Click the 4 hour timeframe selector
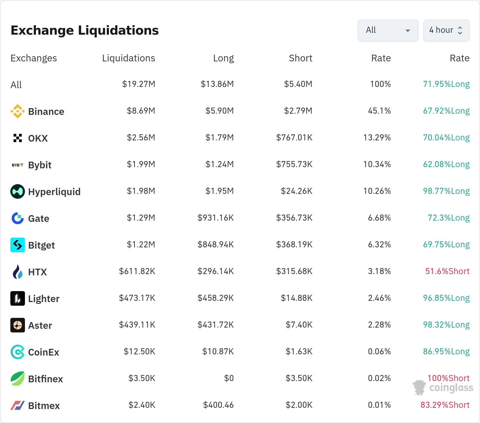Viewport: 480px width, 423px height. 446,30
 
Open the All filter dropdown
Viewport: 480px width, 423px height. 388,30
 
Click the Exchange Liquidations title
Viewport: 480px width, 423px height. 85,30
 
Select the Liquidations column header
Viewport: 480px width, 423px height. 129,58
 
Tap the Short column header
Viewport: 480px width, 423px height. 301,58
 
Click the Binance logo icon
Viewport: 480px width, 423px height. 18,111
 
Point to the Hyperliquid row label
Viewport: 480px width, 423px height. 54,192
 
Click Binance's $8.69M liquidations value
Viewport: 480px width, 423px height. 141,111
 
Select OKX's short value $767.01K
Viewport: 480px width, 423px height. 294,137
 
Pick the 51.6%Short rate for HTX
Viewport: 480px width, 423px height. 447,271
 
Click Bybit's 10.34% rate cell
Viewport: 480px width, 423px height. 377,164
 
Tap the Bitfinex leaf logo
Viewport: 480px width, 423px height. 18,379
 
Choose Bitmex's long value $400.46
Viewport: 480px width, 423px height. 218,405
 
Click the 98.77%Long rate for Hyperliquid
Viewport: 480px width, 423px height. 446,191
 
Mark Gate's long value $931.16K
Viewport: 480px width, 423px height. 216,218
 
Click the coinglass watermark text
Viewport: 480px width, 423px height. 451,388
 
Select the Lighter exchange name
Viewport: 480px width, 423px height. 44,299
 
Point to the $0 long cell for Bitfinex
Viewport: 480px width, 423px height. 229,378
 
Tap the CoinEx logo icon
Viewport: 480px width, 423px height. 18,352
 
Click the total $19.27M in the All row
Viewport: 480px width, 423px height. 139,84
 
